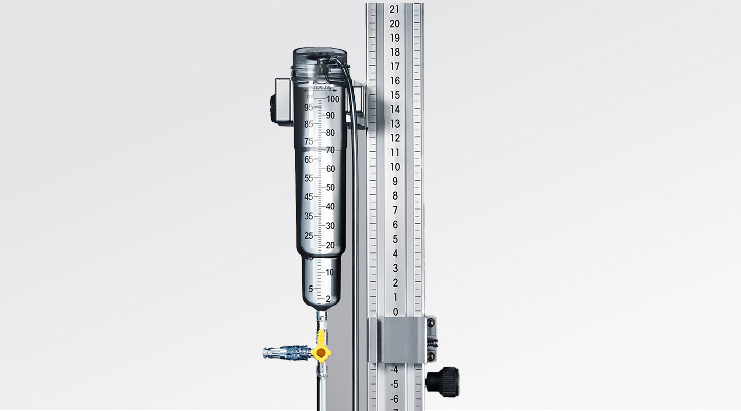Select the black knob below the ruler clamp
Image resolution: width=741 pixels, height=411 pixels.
(x=444, y=382)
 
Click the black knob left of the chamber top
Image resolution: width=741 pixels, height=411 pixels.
(x=273, y=109)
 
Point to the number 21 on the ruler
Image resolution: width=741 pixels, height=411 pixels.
(x=395, y=9)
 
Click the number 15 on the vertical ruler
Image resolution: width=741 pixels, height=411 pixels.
(x=395, y=95)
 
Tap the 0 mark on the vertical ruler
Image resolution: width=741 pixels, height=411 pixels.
(x=395, y=312)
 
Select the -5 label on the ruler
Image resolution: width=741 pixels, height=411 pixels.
(x=394, y=384)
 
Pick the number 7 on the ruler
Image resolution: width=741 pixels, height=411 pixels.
(x=395, y=210)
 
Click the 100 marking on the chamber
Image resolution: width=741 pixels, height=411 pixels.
(x=332, y=99)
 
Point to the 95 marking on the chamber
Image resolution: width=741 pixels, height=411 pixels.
(x=309, y=107)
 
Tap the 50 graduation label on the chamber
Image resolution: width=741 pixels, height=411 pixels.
(x=330, y=187)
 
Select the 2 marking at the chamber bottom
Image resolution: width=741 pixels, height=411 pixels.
(x=328, y=299)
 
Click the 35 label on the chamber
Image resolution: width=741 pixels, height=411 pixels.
(x=309, y=216)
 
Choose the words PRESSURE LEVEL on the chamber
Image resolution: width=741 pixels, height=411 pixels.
(x=319, y=88)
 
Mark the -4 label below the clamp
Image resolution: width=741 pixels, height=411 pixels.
(x=394, y=369)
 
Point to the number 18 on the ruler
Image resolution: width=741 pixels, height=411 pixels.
(x=395, y=52)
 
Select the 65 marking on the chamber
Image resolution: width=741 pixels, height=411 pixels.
(x=309, y=159)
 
